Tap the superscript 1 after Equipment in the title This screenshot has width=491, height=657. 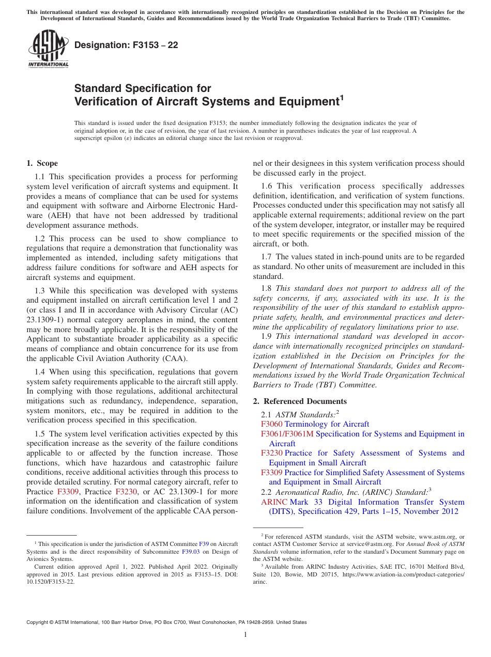click(x=341, y=97)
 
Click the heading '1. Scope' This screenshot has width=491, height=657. click(x=42, y=163)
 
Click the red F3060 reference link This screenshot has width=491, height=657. click(x=271, y=424)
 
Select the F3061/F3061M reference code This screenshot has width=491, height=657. click(x=287, y=434)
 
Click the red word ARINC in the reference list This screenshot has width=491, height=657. click(x=274, y=502)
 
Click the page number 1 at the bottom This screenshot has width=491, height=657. click(x=245, y=635)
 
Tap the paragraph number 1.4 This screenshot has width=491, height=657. click(x=41, y=372)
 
